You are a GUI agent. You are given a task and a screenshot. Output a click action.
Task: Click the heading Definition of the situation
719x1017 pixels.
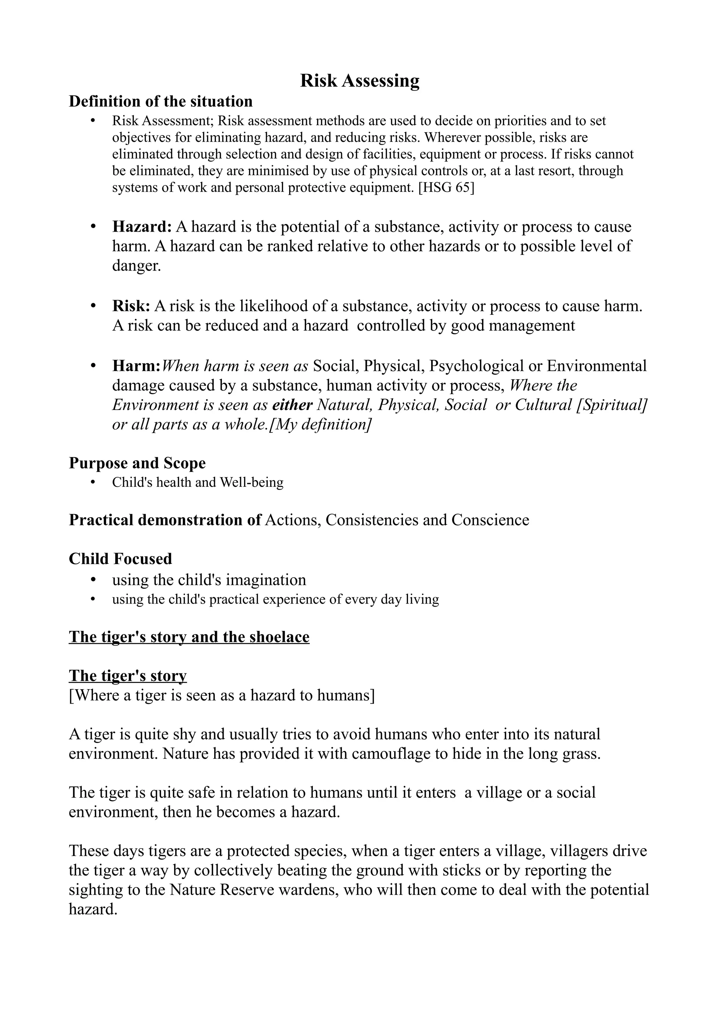160,101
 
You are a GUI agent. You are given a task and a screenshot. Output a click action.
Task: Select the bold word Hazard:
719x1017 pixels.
142,227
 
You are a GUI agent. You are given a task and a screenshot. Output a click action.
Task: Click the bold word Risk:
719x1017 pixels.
131,306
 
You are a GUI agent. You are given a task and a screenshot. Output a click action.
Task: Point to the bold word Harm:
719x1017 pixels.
136,366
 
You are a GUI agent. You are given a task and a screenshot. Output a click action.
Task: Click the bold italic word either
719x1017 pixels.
292,405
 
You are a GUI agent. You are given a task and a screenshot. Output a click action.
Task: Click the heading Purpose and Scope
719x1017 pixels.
137,463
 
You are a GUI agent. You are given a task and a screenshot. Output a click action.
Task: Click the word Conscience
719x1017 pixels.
490,520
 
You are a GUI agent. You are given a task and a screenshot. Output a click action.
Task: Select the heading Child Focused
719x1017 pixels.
120,559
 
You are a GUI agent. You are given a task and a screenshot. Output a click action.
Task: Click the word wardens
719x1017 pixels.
308,890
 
